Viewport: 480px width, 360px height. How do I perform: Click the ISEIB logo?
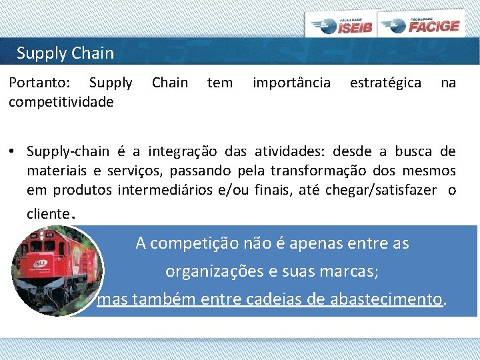343,25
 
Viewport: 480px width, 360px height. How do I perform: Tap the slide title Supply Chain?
65,53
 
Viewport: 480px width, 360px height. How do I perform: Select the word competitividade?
61,101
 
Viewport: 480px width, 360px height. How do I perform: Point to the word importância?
291,83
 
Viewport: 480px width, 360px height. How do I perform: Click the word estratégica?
385,83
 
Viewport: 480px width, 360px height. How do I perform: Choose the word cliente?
47,213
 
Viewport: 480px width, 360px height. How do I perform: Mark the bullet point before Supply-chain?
12,152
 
